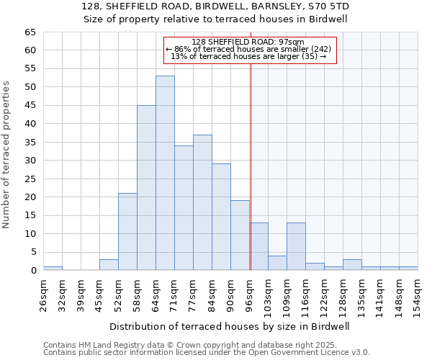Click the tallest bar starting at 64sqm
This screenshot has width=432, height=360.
point(165,173)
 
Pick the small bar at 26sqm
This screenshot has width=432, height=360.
point(53,268)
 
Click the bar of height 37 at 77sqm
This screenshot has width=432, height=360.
point(202,202)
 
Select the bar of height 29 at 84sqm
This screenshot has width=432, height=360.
point(221,217)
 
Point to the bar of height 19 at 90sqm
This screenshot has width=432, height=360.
point(240,235)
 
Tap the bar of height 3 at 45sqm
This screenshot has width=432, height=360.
point(109,264)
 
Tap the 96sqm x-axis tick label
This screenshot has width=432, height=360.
point(250,294)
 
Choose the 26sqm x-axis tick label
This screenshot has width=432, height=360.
point(44,294)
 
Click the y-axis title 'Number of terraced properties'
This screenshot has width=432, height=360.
point(6,155)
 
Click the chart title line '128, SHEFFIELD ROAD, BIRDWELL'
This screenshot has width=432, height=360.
point(215,6)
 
